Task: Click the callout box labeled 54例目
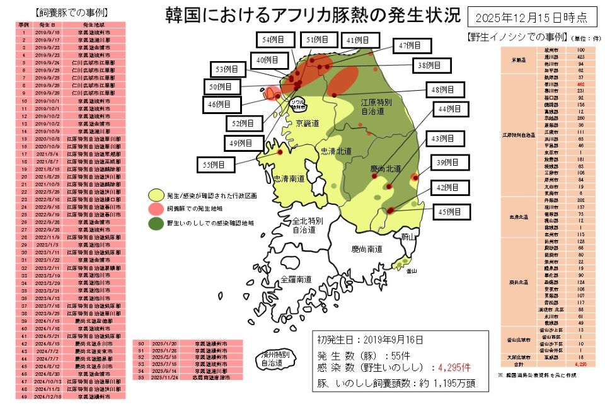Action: point(273,40)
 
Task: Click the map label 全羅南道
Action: point(296,278)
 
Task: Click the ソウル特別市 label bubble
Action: point(297,104)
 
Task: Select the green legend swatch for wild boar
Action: point(156,223)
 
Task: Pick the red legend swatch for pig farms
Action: point(156,209)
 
